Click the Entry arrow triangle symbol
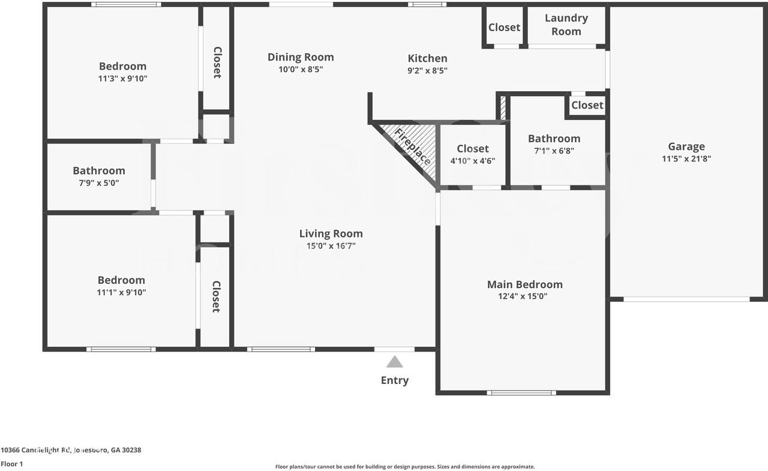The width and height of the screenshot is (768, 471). pyautogui.click(x=394, y=362)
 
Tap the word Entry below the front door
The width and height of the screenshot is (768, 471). pyautogui.click(x=395, y=380)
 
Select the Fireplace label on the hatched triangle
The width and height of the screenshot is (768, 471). pyautogui.click(x=413, y=147)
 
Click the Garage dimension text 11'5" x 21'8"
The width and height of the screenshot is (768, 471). pyautogui.click(x=686, y=159)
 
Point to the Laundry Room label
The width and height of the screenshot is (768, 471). pyautogui.click(x=566, y=25)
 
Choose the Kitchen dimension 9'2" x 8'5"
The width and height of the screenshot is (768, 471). pyautogui.click(x=427, y=70)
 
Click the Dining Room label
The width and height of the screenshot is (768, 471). pyautogui.click(x=301, y=57)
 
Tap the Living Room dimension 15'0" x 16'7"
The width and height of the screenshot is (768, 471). pyautogui.click(x=331, y=245)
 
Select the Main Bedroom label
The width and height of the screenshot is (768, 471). pyautogui.click(x=524, y=284)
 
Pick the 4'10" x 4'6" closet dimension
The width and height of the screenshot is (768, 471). pyautogui.click(x=473, y=161)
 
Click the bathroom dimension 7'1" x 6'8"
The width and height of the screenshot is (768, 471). pyautogui.click(x=554, y=151)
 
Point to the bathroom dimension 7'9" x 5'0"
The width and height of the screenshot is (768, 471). pyautogui.click(x=99, y=183)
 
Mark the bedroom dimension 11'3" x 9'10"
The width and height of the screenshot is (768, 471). pyautogui.click(x=122, y=78)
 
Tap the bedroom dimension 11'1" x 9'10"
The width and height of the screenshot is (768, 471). pyautogui.click(x=121, y=292)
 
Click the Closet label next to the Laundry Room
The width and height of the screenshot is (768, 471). pyautogui.click(x=504, y=27)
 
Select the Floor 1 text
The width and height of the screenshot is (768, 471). pyautogui.click(x=11, y=464)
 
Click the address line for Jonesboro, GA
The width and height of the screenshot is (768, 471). pyautogui.click(x=71, y=450)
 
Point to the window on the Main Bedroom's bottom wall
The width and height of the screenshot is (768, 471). pyautogui.click(x=521, y=393)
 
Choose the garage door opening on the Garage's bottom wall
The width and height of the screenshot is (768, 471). pyautogui.click(x=686, y=299)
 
